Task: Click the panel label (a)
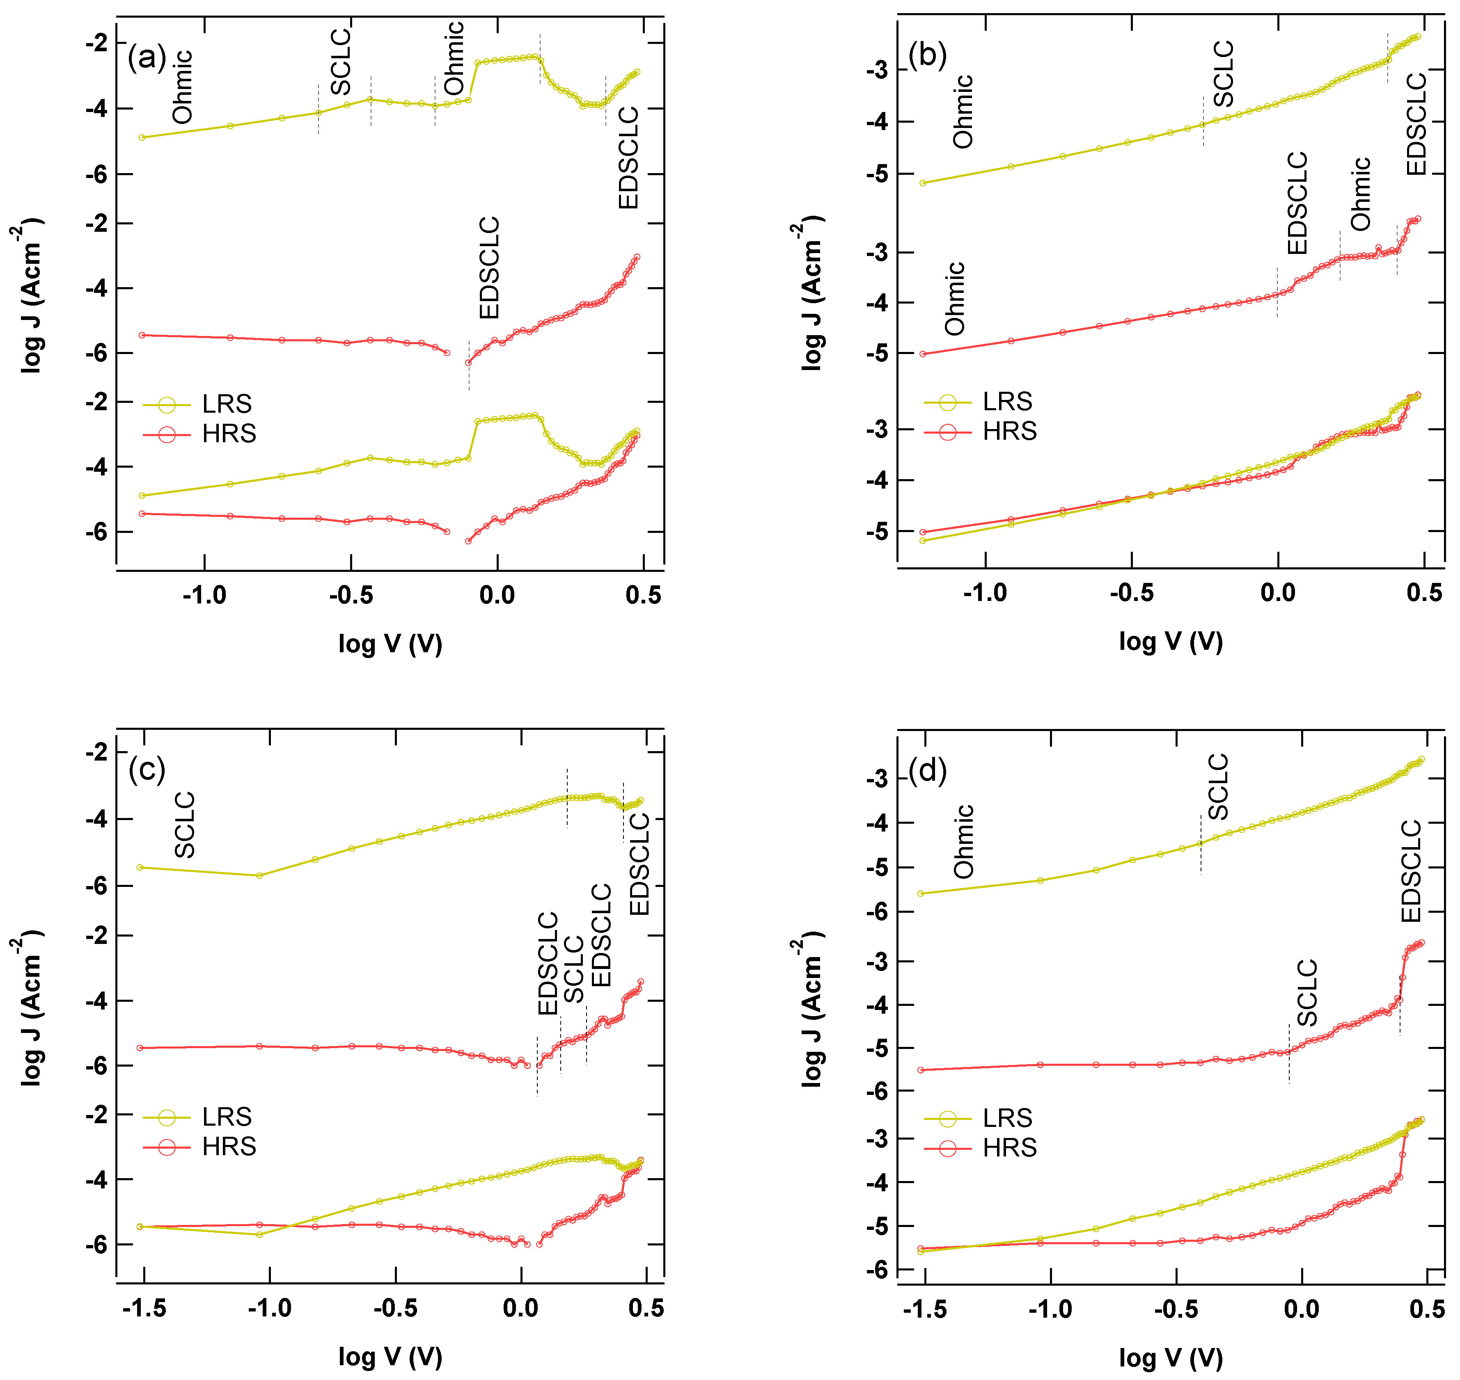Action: coord(147,57)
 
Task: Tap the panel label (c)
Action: coord(147,770)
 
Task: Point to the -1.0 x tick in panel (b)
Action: coord(985,592)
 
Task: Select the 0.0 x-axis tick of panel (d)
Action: coord(1301,1309)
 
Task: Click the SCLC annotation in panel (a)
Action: coord(340,62)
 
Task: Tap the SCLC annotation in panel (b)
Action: coord(1223,73)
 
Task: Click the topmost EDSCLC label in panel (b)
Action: coord(1416,123)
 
